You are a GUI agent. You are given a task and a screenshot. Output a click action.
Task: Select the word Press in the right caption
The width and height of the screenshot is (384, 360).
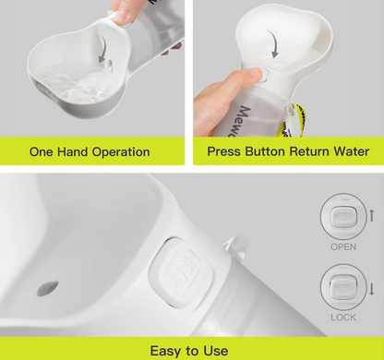(227, 152)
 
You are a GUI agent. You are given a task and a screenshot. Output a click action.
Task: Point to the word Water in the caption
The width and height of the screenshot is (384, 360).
(352, 152)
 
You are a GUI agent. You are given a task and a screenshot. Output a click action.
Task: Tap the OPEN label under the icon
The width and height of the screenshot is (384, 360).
(342, 247)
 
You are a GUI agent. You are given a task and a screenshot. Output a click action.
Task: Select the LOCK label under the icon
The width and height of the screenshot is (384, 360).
(342, 317)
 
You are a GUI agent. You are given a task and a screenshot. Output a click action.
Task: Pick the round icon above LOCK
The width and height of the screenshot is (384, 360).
(342, 285)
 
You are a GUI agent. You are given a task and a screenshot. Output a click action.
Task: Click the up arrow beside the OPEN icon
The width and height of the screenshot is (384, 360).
(372, 214)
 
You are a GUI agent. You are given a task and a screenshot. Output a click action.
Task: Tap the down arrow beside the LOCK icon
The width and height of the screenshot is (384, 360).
(372, 289)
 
